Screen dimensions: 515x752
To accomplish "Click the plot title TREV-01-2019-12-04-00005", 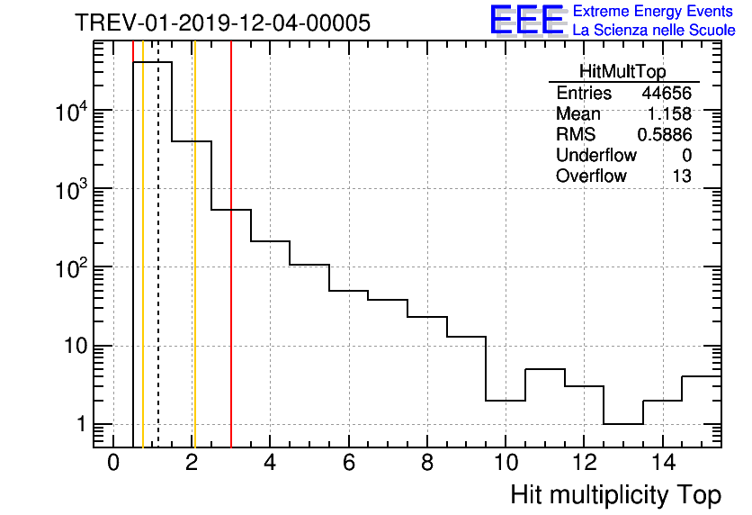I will (x=222, y=23).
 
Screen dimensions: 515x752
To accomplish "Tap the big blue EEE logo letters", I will (x=526, y=20).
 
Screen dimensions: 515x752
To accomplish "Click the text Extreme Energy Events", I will (x=654, y=12).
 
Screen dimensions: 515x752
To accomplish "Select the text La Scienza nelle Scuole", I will (x=654, y=31).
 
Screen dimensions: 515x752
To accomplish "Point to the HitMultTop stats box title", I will (x=624, y=74).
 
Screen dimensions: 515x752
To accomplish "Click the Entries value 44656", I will (x=667, y=94).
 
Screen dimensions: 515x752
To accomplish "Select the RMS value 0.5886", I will (x=665, y=135).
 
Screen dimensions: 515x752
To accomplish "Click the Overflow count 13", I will (x=682, y=176).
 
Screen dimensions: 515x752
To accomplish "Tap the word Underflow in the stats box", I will (x=596, y=156).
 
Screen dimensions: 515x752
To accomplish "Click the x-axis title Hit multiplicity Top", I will (x=616, y=494).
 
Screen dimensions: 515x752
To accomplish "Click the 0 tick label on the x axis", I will (x=113, y=464).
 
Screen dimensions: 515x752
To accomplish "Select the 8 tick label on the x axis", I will (x=426, y=464).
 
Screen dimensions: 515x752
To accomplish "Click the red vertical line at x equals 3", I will (x=231, y=270).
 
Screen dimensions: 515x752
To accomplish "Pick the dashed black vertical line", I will (x=158, y=270).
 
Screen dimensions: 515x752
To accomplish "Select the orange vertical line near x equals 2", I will (x=194, y=270).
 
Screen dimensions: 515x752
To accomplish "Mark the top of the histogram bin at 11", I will (x=544, y=369).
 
